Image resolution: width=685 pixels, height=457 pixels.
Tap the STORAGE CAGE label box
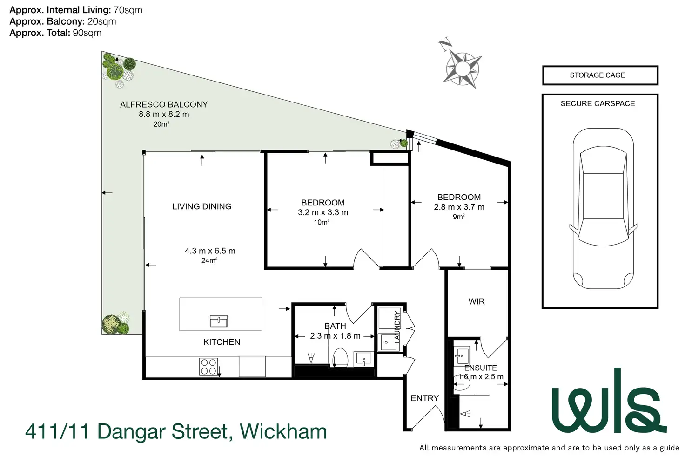(x=600, y=75)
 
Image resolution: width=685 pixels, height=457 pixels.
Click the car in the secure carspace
(x=603, y=208)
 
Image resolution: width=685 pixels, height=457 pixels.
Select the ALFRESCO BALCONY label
(x=164, y=105)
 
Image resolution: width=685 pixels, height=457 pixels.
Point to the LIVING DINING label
(x=201, y=206)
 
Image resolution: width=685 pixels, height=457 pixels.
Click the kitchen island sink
(x=218, y=321)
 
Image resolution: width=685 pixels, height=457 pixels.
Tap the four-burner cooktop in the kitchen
(x=208, y=366)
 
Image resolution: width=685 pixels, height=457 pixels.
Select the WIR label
(x=477, y=301)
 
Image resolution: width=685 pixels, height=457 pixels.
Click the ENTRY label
(x=424, y=398)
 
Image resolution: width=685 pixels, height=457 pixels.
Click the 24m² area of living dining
(x=209, y=261)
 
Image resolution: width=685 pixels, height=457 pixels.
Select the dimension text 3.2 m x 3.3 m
(x=323, y=212)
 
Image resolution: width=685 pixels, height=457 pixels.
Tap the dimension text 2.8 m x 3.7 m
(x=459, y=207)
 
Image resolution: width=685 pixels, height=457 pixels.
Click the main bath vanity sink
(x=363, y=359)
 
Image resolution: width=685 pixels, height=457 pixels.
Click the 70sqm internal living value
(x=128, y=10)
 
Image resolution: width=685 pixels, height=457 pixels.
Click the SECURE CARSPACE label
(x=598, y=103)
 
